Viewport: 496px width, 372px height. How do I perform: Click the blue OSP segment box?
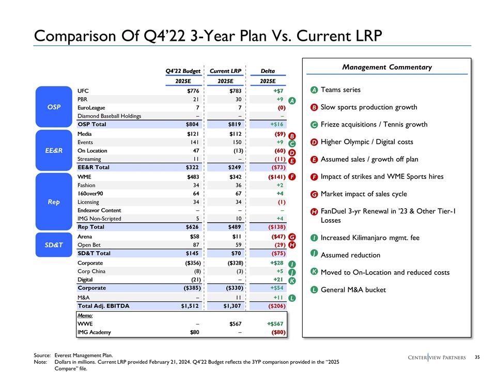pyautogui.click(x=52, y=107)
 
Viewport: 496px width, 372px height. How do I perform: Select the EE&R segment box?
pyautogui.click(x=52, y=150)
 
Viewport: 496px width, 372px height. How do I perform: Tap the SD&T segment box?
pyautogui.click(x=52, y=245)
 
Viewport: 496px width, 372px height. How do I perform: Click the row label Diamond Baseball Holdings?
pyautogui.click(x=109, y=116)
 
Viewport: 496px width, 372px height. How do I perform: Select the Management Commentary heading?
pyautogui.click(x=387, y=67)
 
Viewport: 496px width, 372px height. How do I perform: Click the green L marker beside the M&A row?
pyautogui.click(x=292, y=298)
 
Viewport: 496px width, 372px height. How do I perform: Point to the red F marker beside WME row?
pyautogui.click(x=292, y=177)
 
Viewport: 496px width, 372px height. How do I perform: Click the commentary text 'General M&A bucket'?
pyautogui.click(x=353, y=290)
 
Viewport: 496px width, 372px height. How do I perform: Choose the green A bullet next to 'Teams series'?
pyautogui.click(x=314, y=90)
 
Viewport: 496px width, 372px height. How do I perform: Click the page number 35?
pyautogui.click(x=477, y=357)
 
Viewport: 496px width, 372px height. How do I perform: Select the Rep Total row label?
pyautogui.click(x=90, y=227)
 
